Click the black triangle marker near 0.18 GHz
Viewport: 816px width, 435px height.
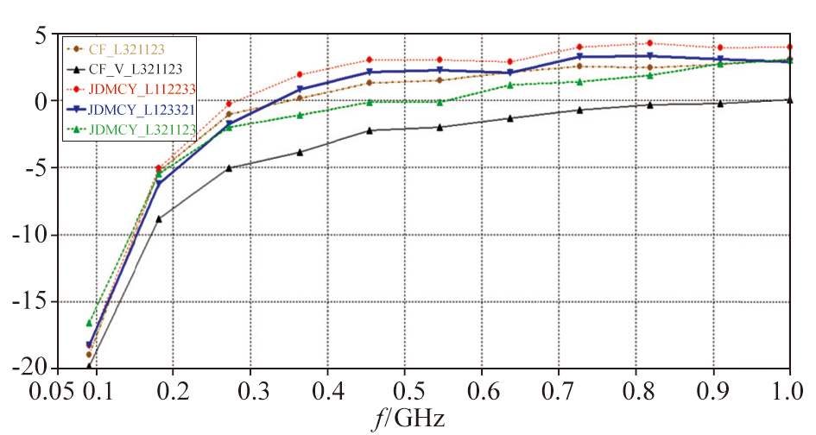coord(159,218)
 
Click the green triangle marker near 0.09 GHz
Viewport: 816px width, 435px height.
coord(89,323)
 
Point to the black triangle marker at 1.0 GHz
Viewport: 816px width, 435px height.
coord(789,99)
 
